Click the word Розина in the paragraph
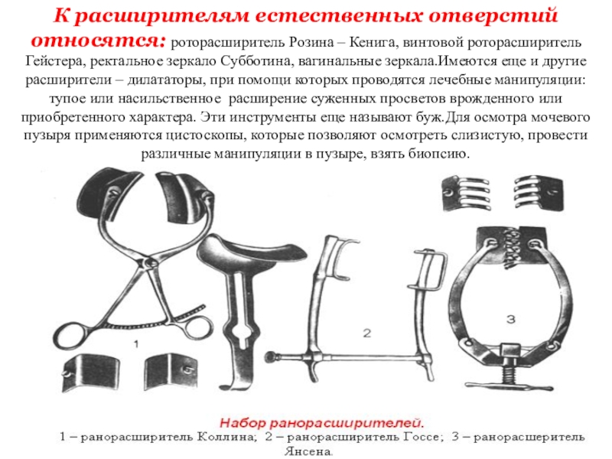tap(311, 42)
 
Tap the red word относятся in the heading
tap(99, 41)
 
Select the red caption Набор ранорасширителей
tap(321, 423)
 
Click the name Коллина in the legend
tap(226, 437)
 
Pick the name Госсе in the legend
tap(422, 437)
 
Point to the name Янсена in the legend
tap(308, 451)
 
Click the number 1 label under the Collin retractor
tap(136, 345)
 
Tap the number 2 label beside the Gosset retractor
tap(366, 333)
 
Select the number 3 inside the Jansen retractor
tap(510, 319)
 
